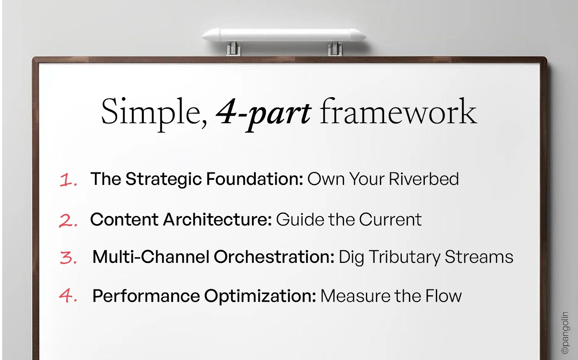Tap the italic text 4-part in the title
pyautogui.click(x=263, y=113)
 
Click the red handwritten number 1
pyautogui.click(x=68, y=179)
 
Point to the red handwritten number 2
pyautogui.click(x=68, y=220)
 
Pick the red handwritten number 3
pyautogui.click(x=68, y=258)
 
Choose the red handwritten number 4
pyautogui.click(x=68, y=296)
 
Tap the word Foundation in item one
pyautogui.click(x=254, y=179)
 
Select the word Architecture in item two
pyautogui.click(x=217, y=220)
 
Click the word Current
pyautogui.click(x=390, y=220)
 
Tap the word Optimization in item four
pyautogui.click(x=260, y=296)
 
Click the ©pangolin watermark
pyautogui.click(x=565, y=333)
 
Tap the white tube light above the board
pyautogui.click(x=284, y=35)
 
